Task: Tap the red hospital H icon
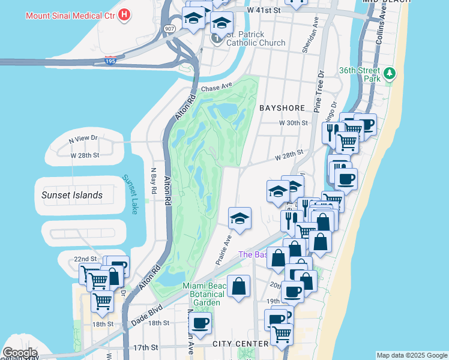[x=125, y=14]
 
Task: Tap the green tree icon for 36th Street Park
[x=390, y=74]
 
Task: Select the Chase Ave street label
[x=217, y=88]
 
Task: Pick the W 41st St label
[x=264, y=10]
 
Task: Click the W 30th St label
[x=293, y=123]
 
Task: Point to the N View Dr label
[x=83, y=139]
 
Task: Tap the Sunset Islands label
[x=71, y=195]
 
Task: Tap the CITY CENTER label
[x=240, y=344]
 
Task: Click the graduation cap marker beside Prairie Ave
[x=240, y=218]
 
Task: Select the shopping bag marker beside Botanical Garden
[x=239, y=286]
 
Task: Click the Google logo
[x=20, y=353]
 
